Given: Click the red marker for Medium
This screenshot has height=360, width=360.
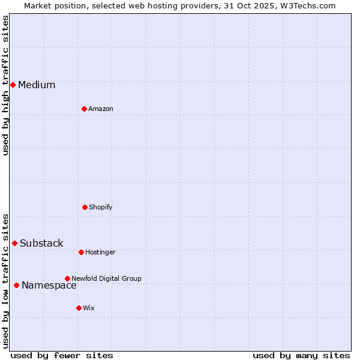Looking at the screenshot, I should point(13,85).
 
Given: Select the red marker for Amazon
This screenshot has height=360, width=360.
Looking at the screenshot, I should point(84,109).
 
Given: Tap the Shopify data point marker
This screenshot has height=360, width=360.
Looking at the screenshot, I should point(85,207).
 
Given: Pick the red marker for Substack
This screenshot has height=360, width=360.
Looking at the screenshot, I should point(14,243).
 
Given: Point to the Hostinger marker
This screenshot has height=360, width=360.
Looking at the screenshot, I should point(81,252).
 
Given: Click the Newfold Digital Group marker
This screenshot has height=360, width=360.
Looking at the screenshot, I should point(67,278).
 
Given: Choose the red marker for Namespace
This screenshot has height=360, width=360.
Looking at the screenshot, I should point(16,285).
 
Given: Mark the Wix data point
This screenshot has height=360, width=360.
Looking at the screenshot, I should point(79,308).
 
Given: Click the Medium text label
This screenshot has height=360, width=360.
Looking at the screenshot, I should point(37,85).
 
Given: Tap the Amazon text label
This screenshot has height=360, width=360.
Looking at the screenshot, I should point(101,109).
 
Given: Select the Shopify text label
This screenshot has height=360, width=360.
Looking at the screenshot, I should point(101,207).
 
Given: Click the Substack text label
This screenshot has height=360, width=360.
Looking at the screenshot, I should point(41,243).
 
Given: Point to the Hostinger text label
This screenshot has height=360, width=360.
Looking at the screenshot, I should point(100,252).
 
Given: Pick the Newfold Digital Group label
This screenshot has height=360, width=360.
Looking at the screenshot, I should point(106,278).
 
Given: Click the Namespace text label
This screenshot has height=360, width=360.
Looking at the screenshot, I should point(49,285).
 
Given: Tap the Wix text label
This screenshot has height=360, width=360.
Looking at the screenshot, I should point(89,308).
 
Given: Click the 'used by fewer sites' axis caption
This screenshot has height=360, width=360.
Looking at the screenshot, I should point(62,355).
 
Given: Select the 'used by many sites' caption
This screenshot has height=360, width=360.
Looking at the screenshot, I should point(301,355).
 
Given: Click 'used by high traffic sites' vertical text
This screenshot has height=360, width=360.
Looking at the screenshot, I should point(5,85).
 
